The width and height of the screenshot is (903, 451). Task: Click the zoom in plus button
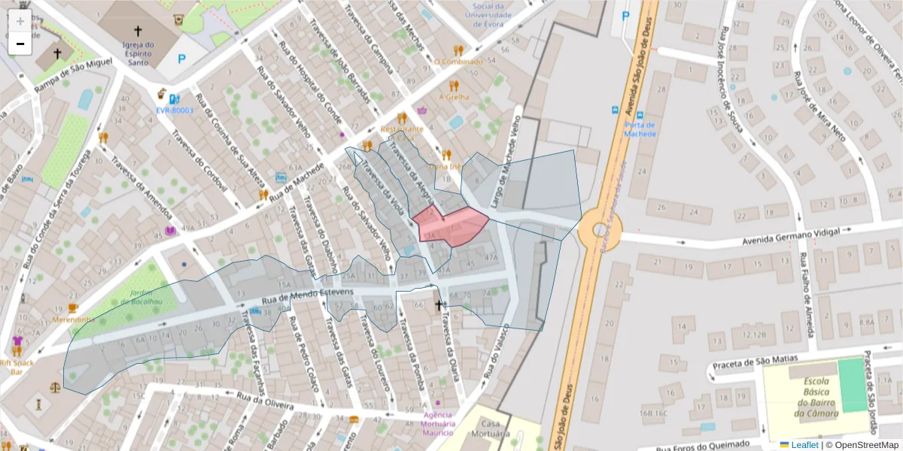(x=20, y=20)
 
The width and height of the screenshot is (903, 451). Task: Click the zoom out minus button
(x=20, y=44)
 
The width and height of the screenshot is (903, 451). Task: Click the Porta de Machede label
(x=640, y=129)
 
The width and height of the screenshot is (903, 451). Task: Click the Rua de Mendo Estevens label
(x=307, y=298)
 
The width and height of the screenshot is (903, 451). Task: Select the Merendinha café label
(x=74, y=319)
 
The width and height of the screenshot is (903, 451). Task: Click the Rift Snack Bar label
(x=17, y=366)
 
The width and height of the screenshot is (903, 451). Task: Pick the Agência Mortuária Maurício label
(x=437, y=423)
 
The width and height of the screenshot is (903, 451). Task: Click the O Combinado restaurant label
(x=458, y=62)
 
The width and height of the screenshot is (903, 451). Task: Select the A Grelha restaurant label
(x=454, y=97)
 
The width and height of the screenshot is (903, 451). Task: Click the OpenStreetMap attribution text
(x=865, y=445)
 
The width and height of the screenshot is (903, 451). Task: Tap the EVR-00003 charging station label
(x=175, y=110)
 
